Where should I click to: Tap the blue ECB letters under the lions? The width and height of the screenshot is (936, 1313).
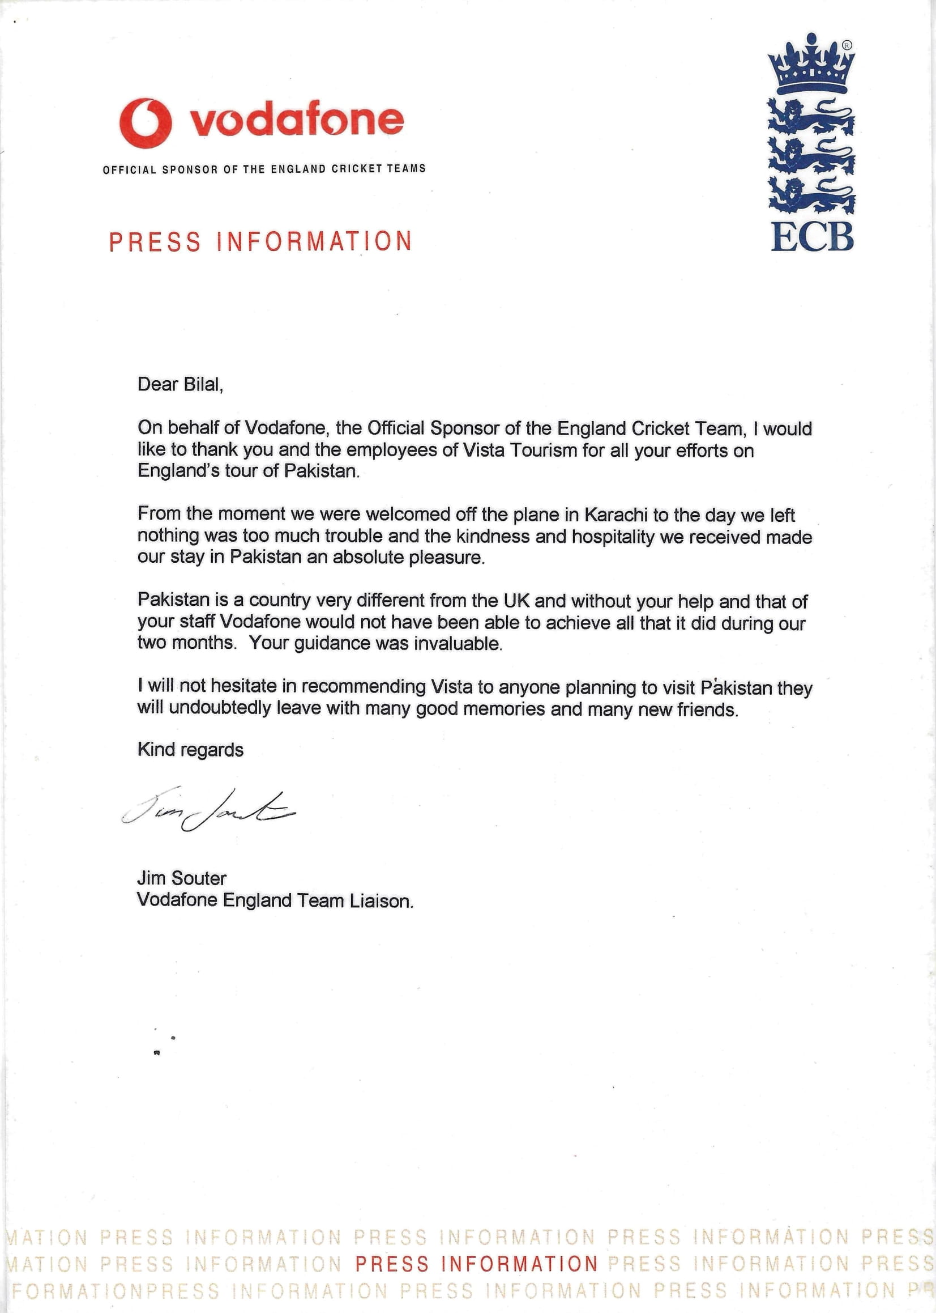point(812,237)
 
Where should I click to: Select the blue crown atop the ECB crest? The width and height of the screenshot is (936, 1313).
point(811,66)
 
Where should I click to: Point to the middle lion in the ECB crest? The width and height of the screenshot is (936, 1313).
point(811,158)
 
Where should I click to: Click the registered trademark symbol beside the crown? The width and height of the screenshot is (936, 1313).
point(847,45)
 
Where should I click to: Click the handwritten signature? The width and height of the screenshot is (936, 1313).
point(207,808)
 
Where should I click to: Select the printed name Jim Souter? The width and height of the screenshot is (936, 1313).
point(182,878)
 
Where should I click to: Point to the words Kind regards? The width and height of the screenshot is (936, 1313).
point(190,750)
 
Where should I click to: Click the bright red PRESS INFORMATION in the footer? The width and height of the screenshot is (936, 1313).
point(477,1263)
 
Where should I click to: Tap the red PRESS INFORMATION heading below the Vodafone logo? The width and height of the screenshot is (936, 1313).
point(260,241)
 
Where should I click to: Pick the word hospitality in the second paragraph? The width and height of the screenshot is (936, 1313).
point(613,537)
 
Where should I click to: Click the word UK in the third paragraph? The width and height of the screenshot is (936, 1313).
point(516,601)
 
